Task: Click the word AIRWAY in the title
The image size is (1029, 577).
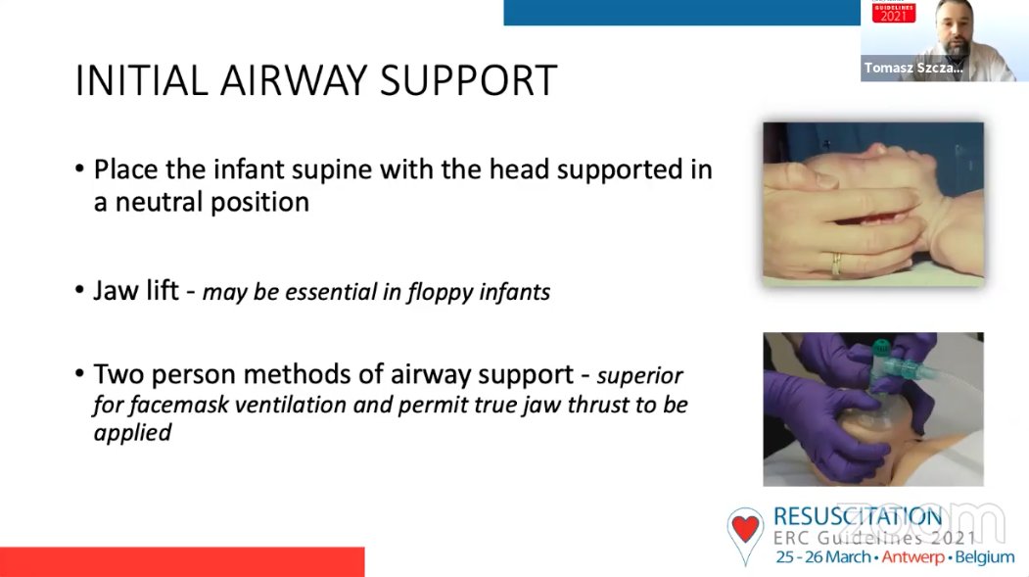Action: [294, 80]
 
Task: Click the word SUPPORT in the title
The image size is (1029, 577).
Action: [469, 80]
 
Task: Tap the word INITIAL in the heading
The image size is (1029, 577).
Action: [141, 80]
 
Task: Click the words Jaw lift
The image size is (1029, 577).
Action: [136, 290]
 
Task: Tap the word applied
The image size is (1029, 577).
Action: [132, 433]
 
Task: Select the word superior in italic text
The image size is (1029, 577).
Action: [640, 376]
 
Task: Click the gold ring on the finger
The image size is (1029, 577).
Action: [837, 264]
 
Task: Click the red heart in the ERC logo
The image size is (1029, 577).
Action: [745, 527]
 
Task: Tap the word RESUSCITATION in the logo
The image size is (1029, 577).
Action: [858, 517]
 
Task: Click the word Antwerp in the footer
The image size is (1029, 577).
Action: [912, 557]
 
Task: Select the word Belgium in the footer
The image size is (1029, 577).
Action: [985, 557]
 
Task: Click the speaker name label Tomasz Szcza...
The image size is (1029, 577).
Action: [913, 68]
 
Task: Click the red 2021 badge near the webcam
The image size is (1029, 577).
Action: [894, 12]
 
